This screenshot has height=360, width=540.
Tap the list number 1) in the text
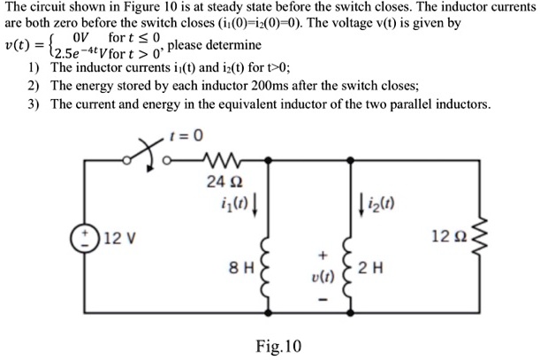pyautogui.click(x=34, y=67)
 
